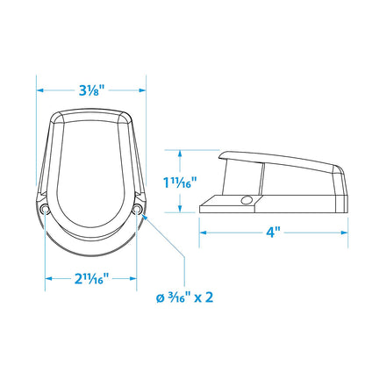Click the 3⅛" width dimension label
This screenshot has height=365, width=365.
tap(91, 89)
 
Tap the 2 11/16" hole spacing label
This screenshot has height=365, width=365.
tap(91, 278)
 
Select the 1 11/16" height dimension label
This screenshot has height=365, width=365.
tap(180, 182)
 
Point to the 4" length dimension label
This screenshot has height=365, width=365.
tap(273, 233)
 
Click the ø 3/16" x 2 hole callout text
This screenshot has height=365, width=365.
tap(184, 297)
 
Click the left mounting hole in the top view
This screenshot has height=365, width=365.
tap(45, 209)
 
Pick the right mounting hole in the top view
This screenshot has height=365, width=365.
tap(137, 209)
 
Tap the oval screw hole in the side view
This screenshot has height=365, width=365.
tap(247, 200)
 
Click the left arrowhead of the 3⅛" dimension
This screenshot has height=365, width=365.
tap(40, 90)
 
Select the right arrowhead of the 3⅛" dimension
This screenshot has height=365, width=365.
tap(142, 90)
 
